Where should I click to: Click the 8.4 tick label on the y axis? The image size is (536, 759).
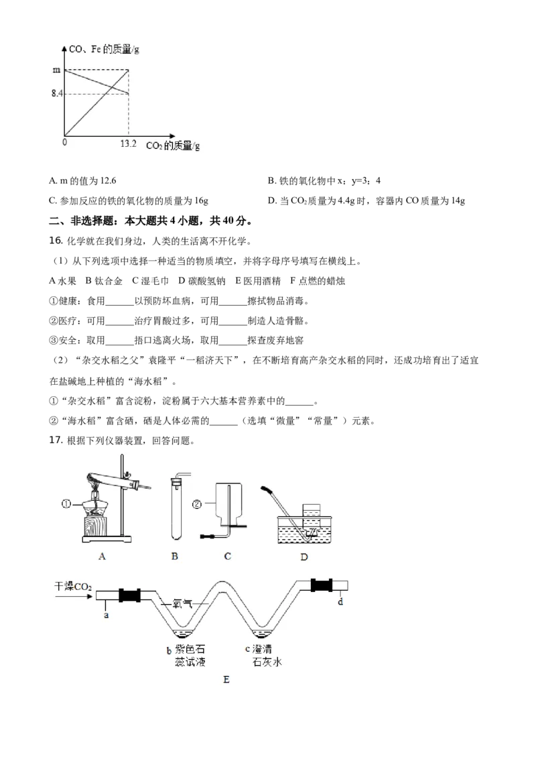click(56, 93)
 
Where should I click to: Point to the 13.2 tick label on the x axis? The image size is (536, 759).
click(128, 143)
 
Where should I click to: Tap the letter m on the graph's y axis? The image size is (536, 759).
click(56, 70)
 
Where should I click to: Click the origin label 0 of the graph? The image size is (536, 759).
click(65, 142)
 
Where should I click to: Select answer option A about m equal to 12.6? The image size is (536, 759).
click(82, 180)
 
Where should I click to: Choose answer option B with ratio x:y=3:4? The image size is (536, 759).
click(324, 180)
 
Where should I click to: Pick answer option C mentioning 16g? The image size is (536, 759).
click(129, 200)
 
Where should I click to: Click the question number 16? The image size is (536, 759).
click(56, 241)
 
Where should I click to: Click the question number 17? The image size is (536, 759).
click(56, 440)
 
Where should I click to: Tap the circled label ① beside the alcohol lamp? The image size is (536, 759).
click(66, 504)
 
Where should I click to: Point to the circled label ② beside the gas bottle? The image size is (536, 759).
click(197, 504)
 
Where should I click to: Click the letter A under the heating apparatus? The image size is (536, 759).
click(102, 557)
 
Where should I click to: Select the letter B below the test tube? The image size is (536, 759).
click(175, 557)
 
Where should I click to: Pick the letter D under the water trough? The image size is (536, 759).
click(304, 557)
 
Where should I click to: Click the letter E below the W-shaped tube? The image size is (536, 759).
click(226, 680)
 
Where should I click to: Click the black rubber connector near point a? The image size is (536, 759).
click(129, 595)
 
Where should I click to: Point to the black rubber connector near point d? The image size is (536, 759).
click(322, 585)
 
